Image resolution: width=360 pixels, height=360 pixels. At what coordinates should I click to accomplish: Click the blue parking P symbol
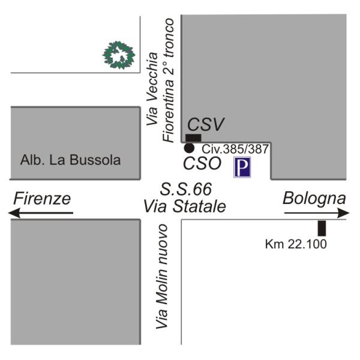(x=242, y=167)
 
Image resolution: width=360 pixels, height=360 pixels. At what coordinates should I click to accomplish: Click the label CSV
(x=206, y=125)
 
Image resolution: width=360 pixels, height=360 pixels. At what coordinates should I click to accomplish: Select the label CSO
(x=202, y=163)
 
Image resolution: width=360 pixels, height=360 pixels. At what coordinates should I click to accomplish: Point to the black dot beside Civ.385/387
(x=188, y=148)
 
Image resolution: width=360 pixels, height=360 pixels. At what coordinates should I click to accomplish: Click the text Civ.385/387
(x=235, y=148)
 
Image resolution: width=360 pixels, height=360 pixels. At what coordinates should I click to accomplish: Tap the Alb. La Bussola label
(x=70, y=160)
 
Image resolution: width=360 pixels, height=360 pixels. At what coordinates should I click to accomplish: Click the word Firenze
(x=43, y=199)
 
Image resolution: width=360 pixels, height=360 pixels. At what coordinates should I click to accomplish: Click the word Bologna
(x=314, y=199)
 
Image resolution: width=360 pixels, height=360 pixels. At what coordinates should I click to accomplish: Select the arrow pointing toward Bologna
(x=316, y=213)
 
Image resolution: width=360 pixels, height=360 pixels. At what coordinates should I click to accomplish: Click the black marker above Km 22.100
(x=322, y=228)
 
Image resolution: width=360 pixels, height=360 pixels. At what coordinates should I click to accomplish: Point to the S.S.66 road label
(x=186, y=190)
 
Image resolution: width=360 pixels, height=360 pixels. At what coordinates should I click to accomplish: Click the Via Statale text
(x=184, y=207)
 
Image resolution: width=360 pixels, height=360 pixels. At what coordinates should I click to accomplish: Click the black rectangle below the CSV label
(x=194, y=138)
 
